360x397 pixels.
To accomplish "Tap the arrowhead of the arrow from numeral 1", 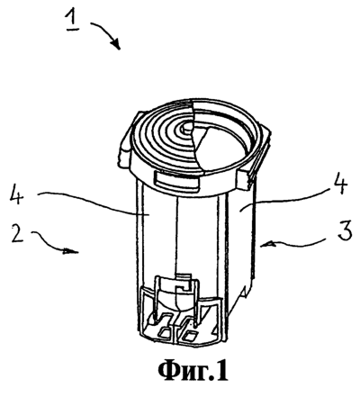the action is point(116,44).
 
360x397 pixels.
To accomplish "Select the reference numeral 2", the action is point(17,234).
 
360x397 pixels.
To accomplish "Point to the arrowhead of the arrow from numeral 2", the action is point(71,251).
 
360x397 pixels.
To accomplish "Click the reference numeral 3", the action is point(345,231).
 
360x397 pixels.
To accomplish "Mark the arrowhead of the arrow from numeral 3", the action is point(267,245).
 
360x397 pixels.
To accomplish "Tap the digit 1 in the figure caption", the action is point(221,370).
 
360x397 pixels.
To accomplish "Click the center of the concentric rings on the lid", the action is point(186,127).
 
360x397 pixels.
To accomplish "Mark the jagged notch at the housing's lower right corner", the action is point(245,292).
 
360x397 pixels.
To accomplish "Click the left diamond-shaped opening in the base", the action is point(165,332).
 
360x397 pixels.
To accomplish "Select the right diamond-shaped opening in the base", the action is point(190,335).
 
